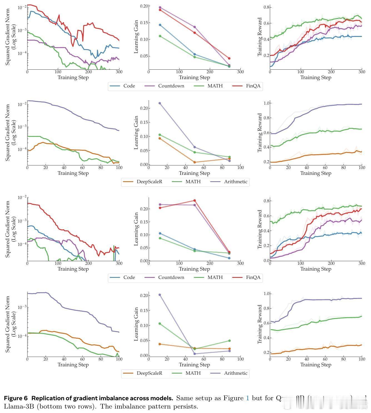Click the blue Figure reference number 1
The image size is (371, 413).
pos(247,398)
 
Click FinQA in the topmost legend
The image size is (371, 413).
pos(253,86)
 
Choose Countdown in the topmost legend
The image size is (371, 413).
pos(171,86)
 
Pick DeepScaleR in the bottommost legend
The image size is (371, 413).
pos(149,373)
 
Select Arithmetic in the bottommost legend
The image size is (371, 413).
pos(235,373)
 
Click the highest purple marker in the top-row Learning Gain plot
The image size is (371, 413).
pos(160,7)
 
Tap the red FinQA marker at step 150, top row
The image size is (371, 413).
pos(195,33)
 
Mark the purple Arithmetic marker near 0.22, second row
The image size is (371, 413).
pos(160,103)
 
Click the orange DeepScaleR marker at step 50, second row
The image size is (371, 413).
pos(195,162)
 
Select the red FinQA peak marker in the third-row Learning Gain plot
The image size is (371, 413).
pos(195,200)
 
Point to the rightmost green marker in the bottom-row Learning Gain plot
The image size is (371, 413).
pos(230,341)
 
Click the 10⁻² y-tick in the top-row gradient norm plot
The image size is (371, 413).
pos(22,7)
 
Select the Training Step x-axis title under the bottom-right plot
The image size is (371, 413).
pos(316,365)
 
